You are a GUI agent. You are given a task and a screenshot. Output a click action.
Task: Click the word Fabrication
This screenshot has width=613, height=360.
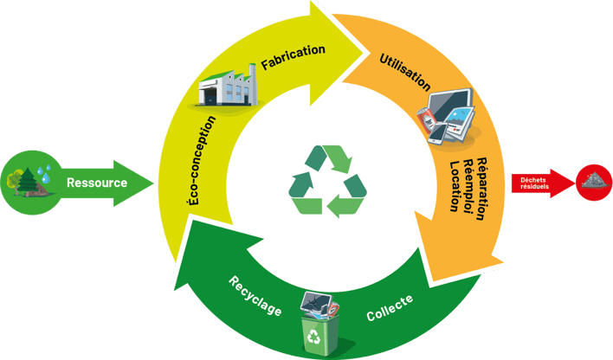coord(294,58)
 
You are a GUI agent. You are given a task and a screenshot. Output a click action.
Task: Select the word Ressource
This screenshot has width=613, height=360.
coord(97,183)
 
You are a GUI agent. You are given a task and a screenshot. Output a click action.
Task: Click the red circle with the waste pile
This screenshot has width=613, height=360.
coord(595,182)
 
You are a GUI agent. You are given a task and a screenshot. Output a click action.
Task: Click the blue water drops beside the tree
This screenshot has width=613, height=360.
coord(48,170)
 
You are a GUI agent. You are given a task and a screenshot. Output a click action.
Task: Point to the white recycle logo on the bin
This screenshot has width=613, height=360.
coord(314,336)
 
